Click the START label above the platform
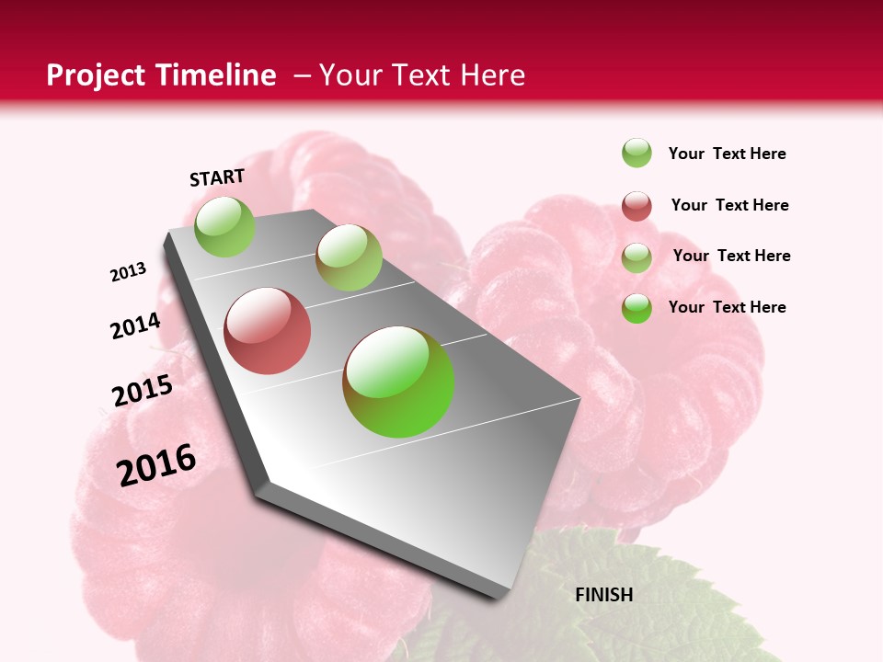point(217,177)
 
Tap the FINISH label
point(603,595)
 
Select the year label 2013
point(128,272)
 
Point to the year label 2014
point(135,326)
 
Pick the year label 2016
point(156,465)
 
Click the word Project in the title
point(95,75)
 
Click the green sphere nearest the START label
point(224,226)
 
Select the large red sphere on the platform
point(267,331)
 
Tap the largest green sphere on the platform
point(398,382)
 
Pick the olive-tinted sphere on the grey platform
point(349,257)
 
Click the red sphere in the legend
point(636,206)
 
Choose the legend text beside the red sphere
point(729,205)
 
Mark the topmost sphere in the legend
point(636,153)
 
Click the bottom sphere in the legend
point(636,308)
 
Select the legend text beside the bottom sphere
point(727,307)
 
